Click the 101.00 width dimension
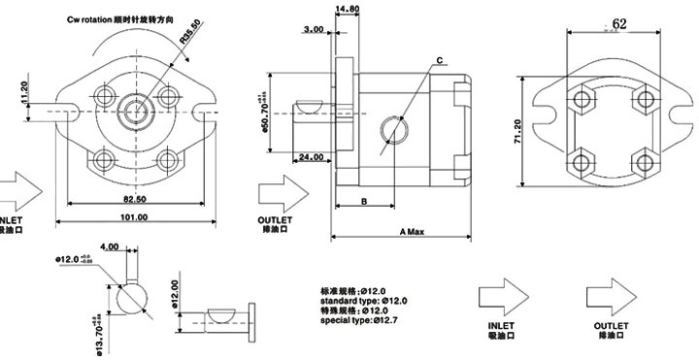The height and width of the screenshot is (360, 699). pos(134,218)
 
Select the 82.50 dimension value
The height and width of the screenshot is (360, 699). pos(134,198)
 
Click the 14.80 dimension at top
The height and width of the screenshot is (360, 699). pos(347,10)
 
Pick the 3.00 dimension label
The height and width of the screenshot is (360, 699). pos(313,30)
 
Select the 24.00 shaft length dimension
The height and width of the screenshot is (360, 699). pos(312,157)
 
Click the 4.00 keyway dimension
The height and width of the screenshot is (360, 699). pos(110,247)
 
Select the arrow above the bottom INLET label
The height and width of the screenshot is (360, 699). pos(502,295)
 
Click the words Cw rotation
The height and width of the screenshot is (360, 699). pos(96,18)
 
